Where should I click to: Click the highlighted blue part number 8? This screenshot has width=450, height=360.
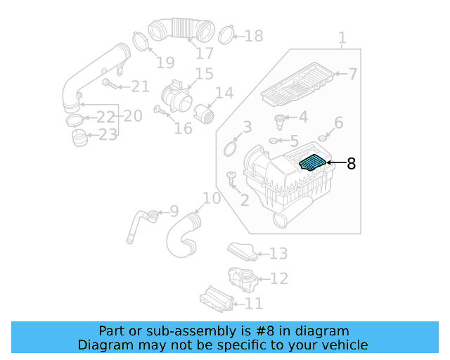click(x=313, y=163)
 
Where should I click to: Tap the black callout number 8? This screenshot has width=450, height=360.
click(x=351, y=165)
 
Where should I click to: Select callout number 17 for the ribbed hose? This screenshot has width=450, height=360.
click(x=204, y=53)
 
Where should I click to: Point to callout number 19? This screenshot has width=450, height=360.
click(x=165, y=63)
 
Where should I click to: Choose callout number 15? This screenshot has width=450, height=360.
click(x=203, y=73)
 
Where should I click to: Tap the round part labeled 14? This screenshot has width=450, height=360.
click(x=206, y=113)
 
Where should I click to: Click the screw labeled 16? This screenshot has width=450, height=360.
click(x=161, y=112)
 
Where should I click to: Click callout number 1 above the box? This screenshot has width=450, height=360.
click(x=342, y=37)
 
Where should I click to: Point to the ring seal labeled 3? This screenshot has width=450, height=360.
click(x=230, y=148)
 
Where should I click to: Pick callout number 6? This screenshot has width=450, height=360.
click(x=338, y=124)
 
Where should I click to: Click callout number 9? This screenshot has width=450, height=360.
click(x=174, y=210)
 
